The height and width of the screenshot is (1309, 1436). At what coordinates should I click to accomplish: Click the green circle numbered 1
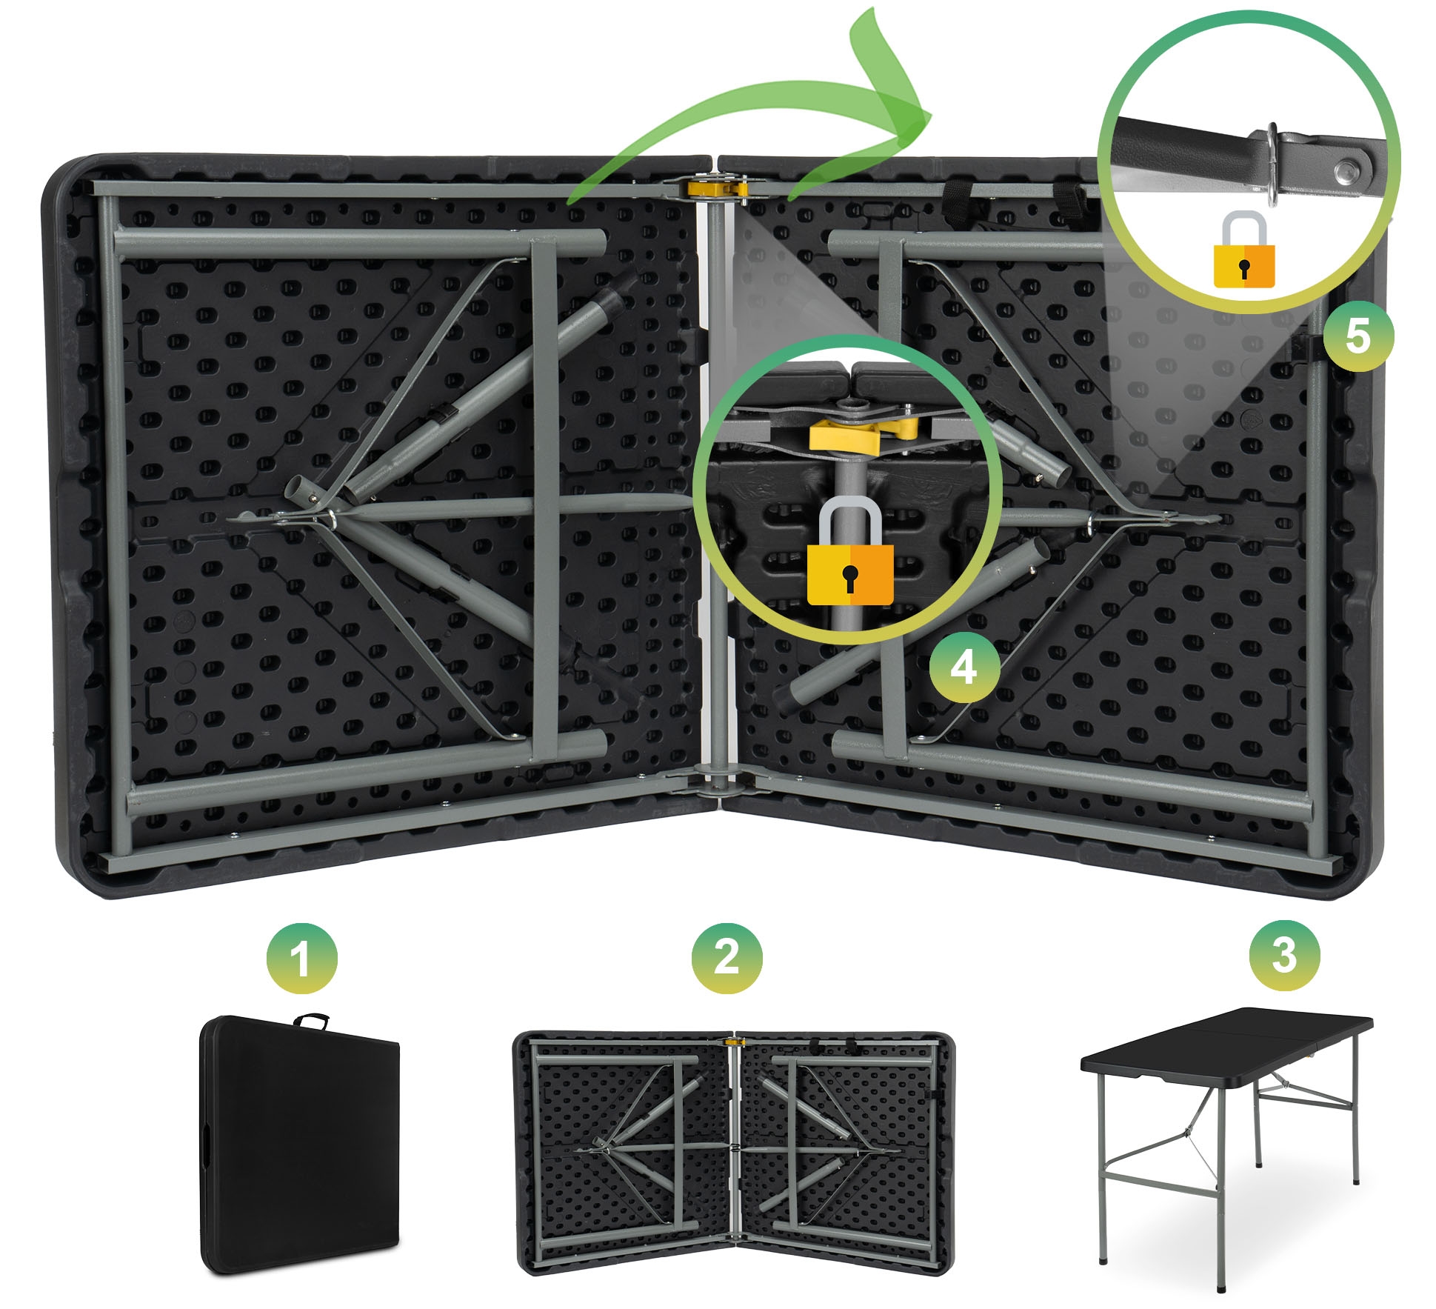point(302,958)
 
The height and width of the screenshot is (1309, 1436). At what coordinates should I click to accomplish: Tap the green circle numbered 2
point(727,958)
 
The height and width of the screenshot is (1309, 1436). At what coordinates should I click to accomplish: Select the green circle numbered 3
point(1285,955)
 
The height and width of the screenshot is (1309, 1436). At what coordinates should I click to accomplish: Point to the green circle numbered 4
point(964,667)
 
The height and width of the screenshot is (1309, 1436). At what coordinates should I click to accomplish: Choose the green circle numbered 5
point(1358,336)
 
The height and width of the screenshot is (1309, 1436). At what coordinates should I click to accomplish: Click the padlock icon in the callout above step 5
point(1244,250)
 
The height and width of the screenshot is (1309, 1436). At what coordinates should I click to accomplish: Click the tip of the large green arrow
point(930,116)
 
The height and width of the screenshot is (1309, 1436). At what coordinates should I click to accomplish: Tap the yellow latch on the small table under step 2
point(734,1042)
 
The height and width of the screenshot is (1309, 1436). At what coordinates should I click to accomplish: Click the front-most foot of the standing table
point(1221,1287)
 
